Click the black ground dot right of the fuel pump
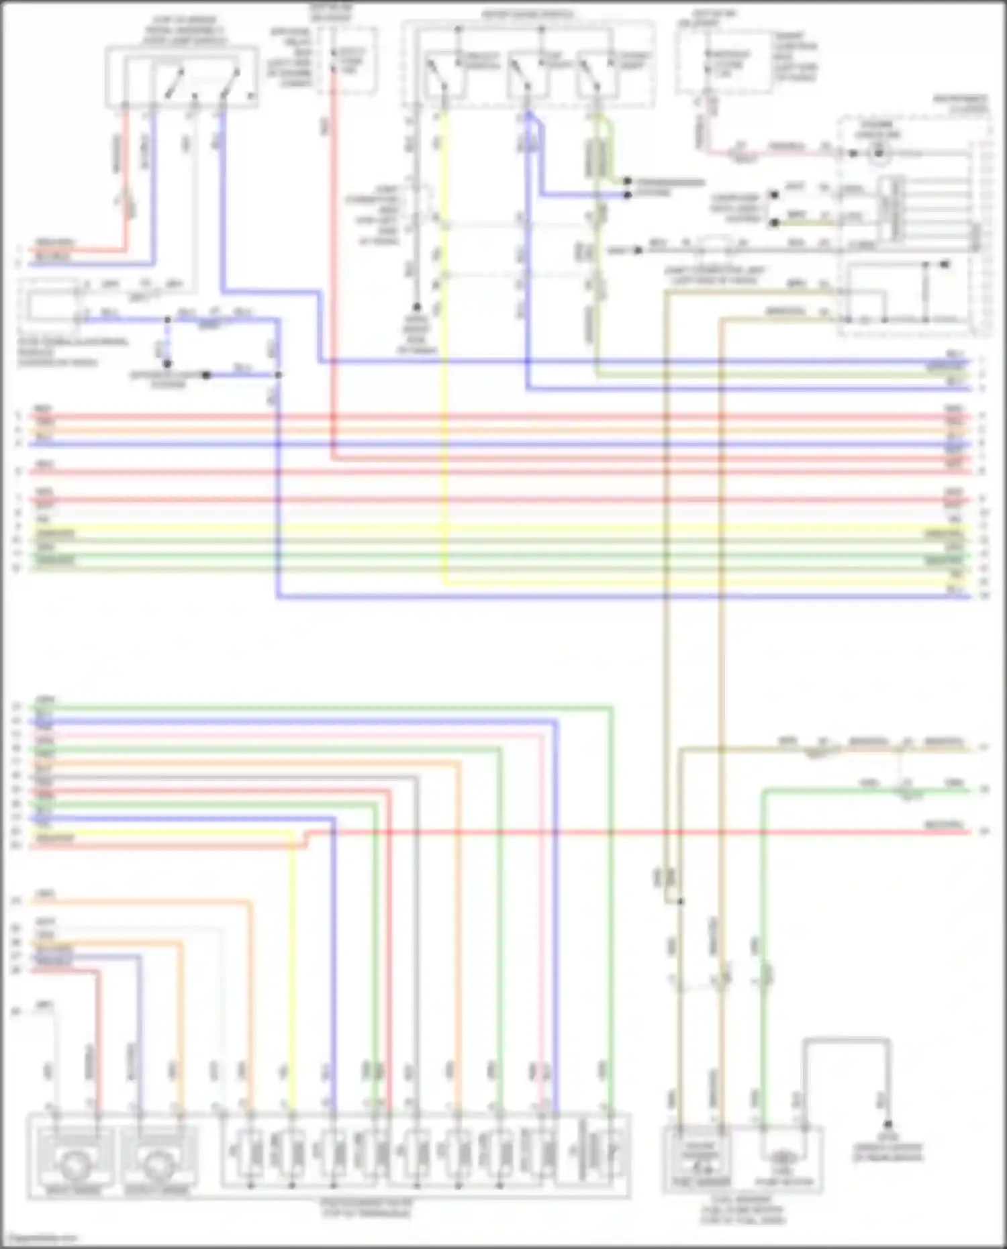[x=888, y=1124]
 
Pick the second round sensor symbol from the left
[x=158, y=1166]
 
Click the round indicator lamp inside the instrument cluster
[x=877, y=154]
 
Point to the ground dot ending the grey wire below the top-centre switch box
[x=417, y=307]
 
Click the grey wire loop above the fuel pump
[x=846, y=1042]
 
